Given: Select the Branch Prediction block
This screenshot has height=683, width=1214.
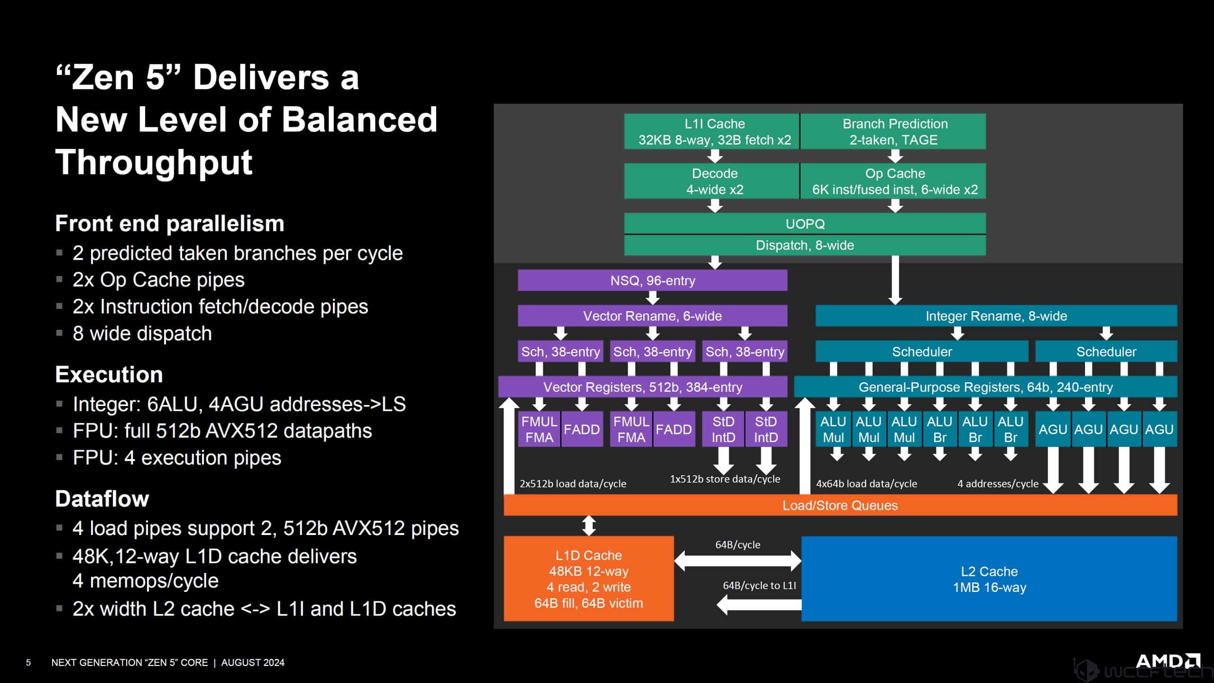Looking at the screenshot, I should pos(894,131).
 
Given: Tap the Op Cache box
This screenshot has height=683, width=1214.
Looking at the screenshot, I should pos(894,181).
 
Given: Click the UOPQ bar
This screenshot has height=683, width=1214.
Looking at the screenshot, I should pos(805,223).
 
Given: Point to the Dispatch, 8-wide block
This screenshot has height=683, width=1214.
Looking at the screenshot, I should pos(805,245).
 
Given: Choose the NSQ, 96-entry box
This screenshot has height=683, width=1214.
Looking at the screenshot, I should pos(653,280).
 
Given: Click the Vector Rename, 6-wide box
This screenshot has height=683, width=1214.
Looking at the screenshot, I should pos(653,316).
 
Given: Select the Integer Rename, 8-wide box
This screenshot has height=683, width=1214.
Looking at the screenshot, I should pos(996,316).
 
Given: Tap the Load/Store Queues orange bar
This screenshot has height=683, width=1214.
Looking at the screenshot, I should pos(840,505).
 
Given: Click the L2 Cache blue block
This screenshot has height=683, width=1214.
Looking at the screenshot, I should pos(989,579).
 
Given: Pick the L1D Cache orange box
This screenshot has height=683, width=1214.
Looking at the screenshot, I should pos(589,579).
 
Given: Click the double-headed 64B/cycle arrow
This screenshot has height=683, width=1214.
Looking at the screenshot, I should pos(737,561).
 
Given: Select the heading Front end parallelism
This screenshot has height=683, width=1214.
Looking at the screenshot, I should pos(169,223).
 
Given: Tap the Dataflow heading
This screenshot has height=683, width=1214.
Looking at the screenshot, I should pos(102,498).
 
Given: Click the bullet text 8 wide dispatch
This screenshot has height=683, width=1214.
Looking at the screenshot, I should pos(142,333).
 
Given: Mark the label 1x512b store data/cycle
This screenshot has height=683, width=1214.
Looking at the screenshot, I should pos(725,479).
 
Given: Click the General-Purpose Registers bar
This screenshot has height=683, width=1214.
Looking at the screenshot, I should pos(985,387).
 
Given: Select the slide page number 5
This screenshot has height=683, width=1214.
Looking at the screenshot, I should pos(28,663).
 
